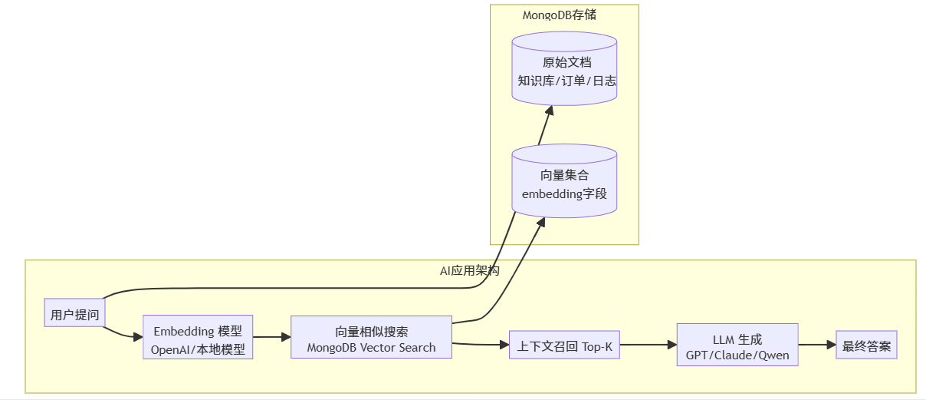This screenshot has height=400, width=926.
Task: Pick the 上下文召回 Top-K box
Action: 564,345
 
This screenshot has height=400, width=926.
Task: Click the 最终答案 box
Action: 866,345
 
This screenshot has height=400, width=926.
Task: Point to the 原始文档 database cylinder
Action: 564,71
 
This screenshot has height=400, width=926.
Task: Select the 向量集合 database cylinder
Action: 564,184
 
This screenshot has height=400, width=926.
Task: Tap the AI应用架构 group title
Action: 470,271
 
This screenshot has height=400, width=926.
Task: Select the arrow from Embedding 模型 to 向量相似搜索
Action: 271,336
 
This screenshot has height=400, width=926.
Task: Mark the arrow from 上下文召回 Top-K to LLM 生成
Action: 648,345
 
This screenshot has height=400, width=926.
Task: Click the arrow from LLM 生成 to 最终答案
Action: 817,345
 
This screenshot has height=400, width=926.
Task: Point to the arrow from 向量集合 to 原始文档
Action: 545,126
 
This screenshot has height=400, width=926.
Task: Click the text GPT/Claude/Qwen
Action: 737,355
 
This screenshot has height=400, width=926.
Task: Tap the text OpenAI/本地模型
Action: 198,349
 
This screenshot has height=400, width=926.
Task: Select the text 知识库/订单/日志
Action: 566,81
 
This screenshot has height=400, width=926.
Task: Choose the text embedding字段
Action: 564,193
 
